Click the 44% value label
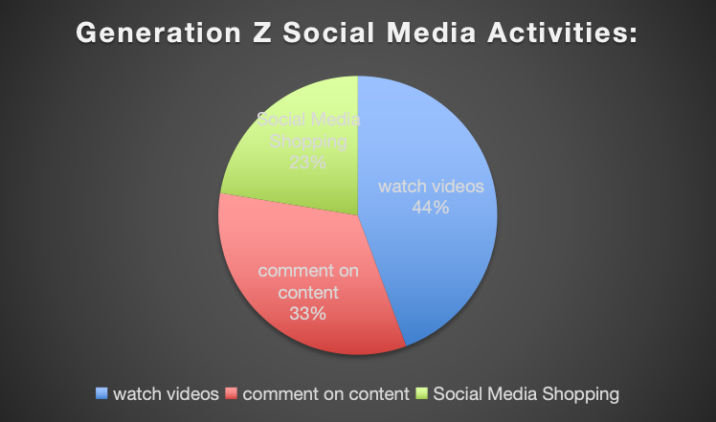[x=431, y=208]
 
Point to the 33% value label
[x=308, y=313]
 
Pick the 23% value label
[x=308, y=162]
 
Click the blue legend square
[x=101, y=393]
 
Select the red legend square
[x=232, y=393]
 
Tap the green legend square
[x=421, y=393]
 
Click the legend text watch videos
[x=167, y=393]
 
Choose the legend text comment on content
[x=326, y=393]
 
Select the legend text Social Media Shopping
[x=526, y=393]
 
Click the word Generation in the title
[x=159, y=33]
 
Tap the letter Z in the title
[x=261, y=33]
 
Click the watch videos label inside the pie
[x=431, y=187]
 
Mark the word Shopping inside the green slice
[x=308, y=142]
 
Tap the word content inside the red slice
[x=308, y=292]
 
